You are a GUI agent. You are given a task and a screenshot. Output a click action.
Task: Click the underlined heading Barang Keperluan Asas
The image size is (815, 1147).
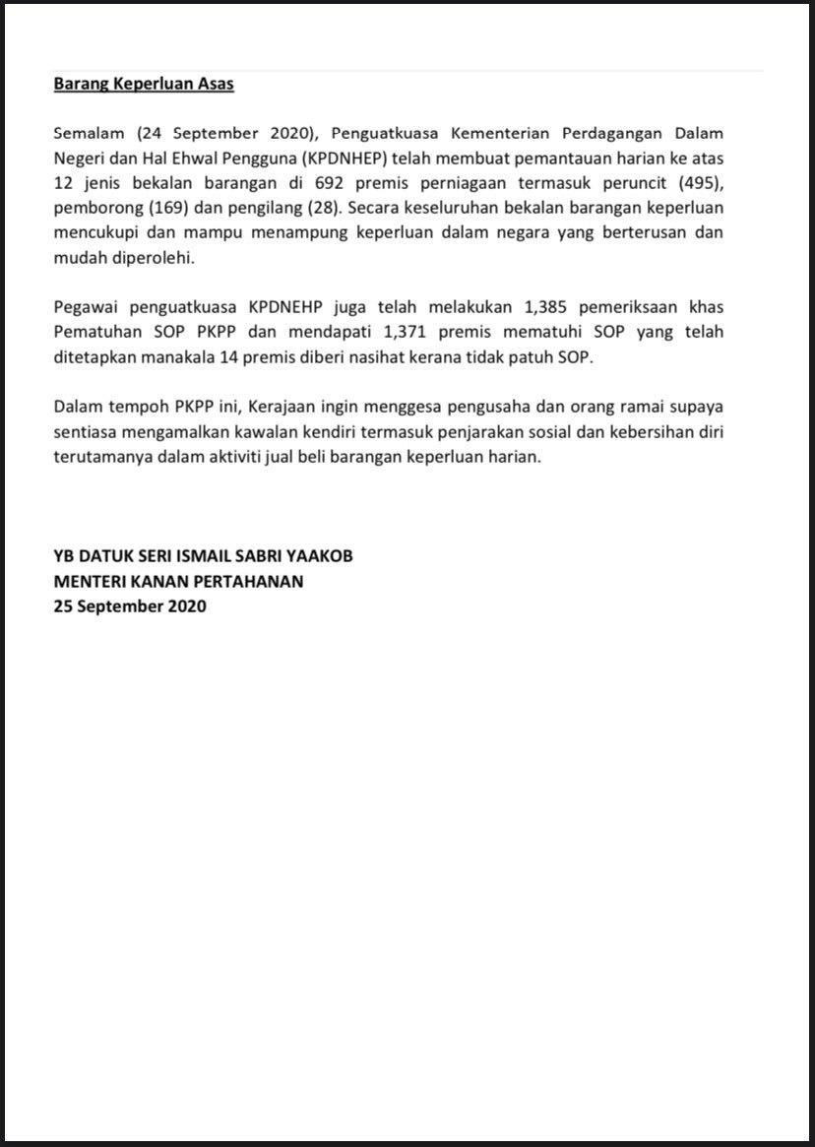[x=144, y=84]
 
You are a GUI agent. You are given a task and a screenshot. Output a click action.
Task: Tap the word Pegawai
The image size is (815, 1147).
[x=87, y=306]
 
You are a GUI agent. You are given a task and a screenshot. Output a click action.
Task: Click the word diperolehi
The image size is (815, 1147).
[x=153, y=258]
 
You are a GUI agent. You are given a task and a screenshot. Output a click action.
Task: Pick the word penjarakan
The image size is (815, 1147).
[x=529, y=432]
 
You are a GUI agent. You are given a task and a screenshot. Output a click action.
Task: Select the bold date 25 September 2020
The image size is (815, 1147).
[x=130, y=606]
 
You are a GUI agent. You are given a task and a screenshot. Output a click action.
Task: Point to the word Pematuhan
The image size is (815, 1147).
[x=96, y=332]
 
